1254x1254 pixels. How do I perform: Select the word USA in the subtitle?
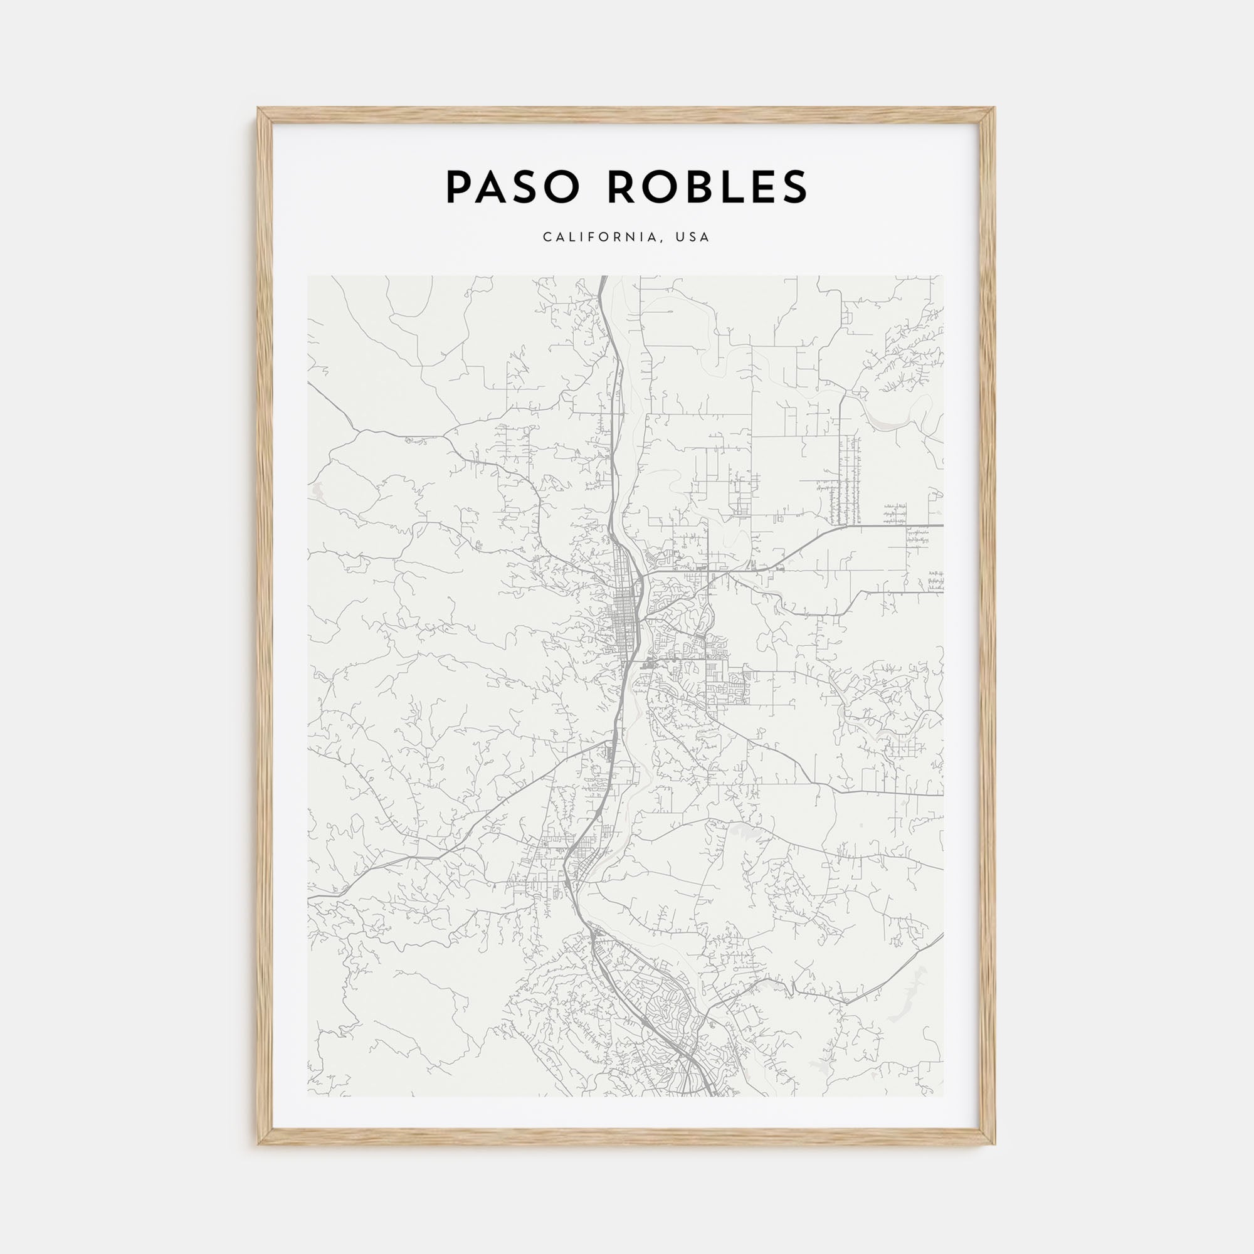click(693, 238)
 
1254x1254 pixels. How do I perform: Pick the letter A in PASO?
click(493, 187)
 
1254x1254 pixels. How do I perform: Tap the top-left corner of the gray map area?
click(308, 276)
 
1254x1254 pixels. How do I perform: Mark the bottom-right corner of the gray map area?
click(943, 1096)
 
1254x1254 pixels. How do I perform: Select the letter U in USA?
click(679, 238)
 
